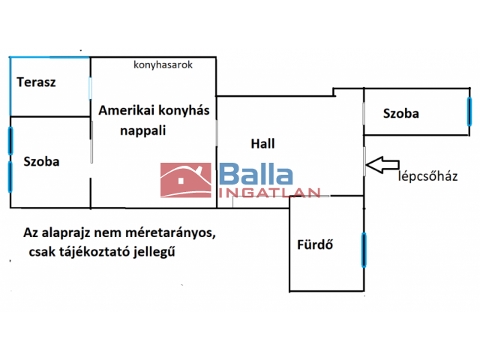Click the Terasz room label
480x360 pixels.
37,82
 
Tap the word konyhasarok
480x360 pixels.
163,65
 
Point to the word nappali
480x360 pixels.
142,130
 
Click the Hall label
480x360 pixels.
262,143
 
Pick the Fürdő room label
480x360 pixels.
315,244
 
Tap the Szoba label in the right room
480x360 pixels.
400,114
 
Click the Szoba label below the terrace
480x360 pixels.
41,161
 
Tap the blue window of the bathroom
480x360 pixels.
364,250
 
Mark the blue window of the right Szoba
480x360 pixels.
469,111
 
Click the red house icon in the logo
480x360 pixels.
185,181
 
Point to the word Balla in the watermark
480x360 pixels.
256,175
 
